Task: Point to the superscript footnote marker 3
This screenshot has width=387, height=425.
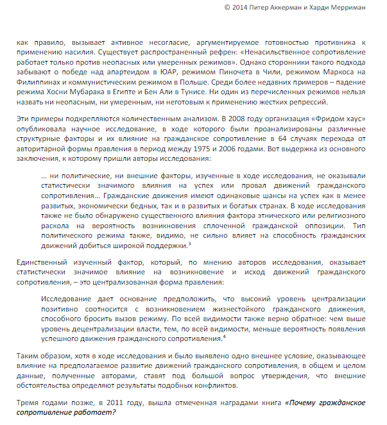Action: pyautogui.click(x=189, y=242)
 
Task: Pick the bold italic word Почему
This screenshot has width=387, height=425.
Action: pyautogui.click(x=304, y=403)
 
